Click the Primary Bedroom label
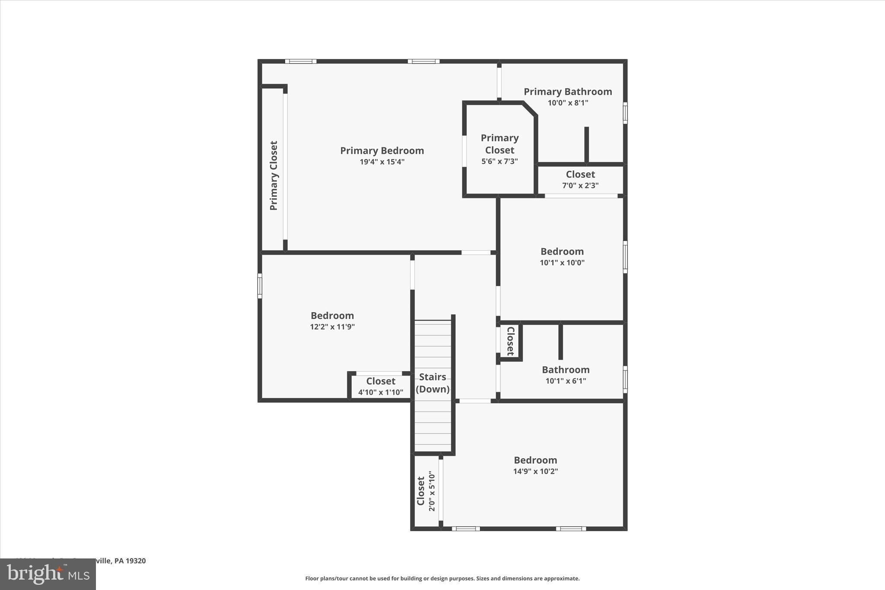point(382,150)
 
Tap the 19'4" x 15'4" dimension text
point(382,162)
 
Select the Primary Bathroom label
point(568,92)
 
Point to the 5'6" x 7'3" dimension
point(500,162)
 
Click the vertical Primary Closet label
point(274,175)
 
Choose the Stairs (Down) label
point(433,383)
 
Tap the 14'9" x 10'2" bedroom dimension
point(535,472)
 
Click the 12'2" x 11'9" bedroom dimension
point(332,327)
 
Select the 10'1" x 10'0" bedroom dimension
point(562,262)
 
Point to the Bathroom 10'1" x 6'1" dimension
point(566,381)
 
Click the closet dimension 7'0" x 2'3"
point(580,185)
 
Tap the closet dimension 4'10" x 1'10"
point(381,392)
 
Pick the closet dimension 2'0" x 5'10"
point(432,491)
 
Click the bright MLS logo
point(48,574)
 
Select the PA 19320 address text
point(130,561)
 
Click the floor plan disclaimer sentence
point(442,578)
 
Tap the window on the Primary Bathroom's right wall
point(625,113)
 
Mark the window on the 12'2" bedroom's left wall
point(260,286)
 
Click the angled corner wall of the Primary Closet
point(530,109)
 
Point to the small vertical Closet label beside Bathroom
point(510,341)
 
